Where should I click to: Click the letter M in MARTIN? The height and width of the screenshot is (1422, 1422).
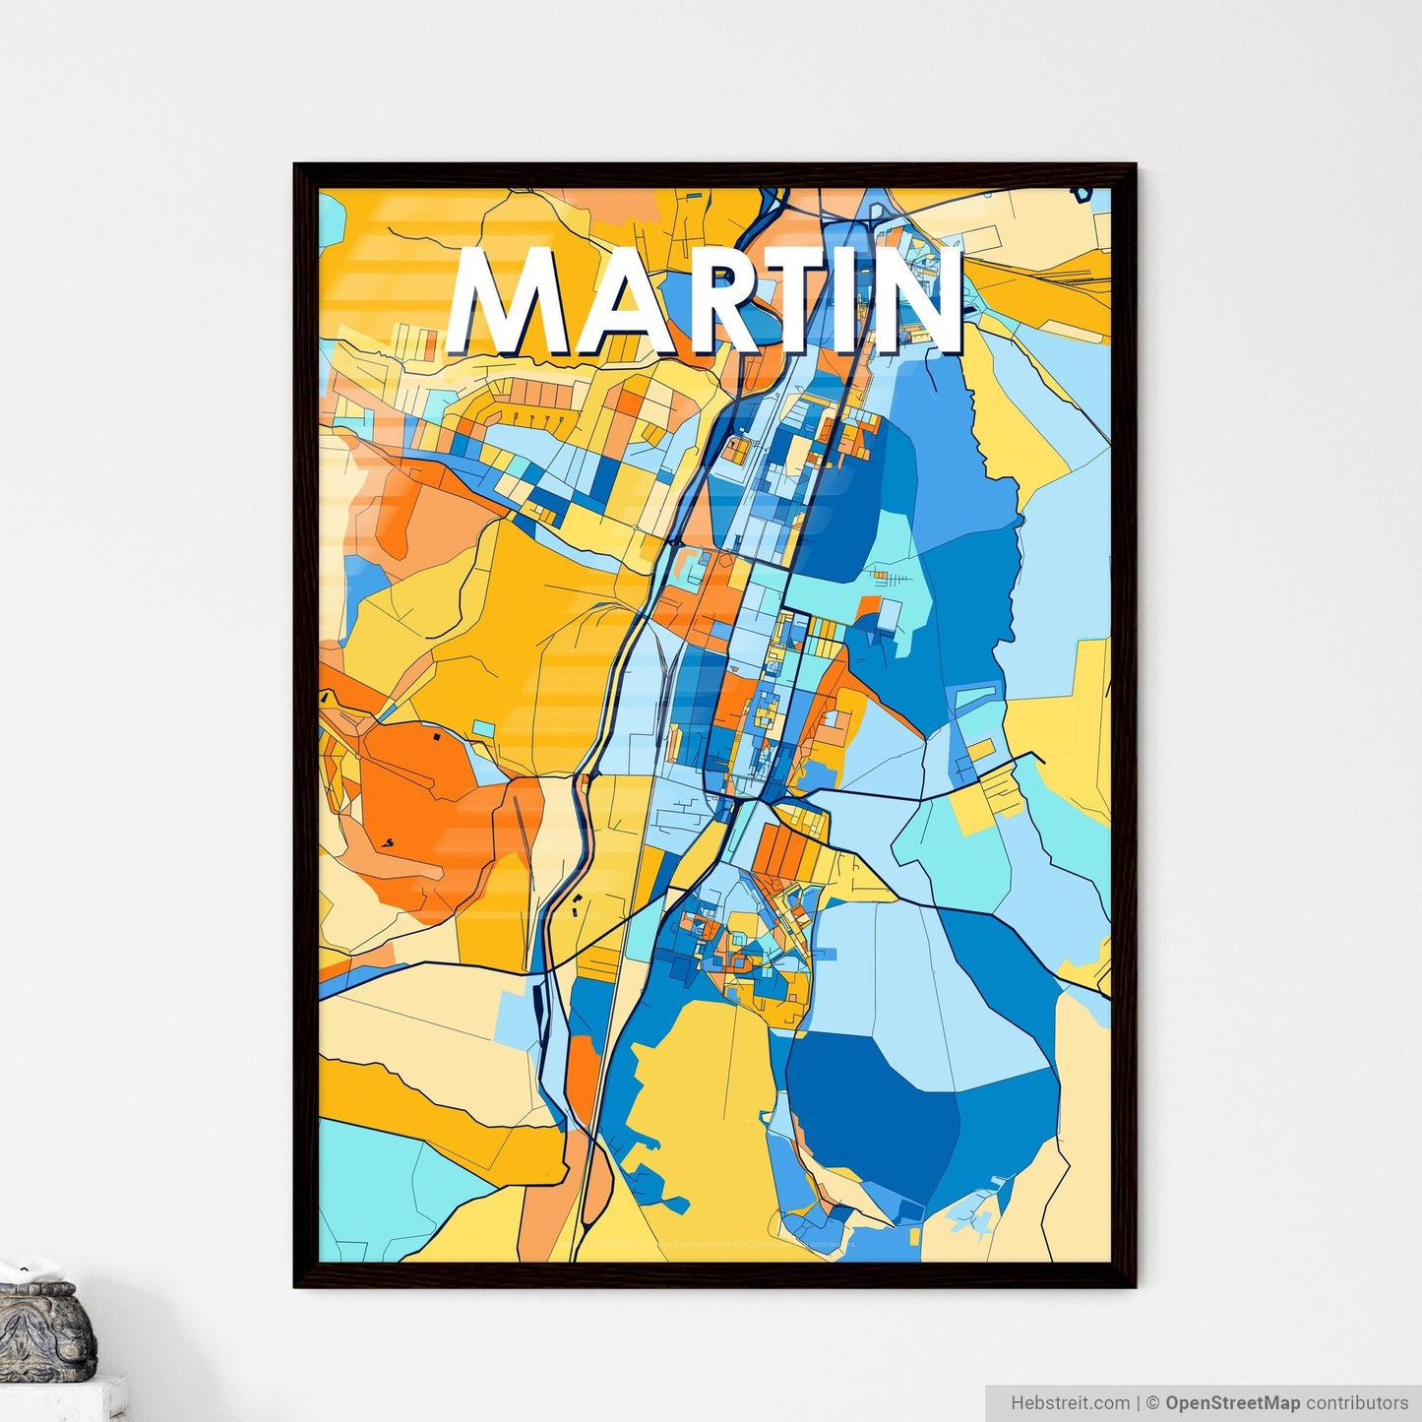point(508,301)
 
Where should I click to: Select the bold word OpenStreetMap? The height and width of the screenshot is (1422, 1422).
point(1232,1402)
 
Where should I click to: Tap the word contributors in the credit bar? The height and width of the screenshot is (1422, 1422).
point(1357,1402)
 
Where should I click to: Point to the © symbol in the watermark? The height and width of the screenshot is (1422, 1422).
point(1151,1402)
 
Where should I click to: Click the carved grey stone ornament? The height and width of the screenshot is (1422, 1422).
point(44,1329)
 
